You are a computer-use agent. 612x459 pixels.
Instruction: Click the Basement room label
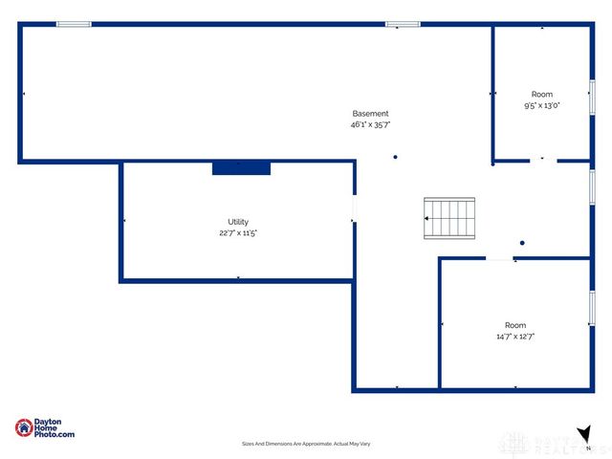pyautogui.click(x=370, y=114)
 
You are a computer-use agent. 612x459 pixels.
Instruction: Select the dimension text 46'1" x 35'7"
pyautogui.click(x=370, y=124)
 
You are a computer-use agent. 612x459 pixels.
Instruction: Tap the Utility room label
pyautogui.click(x=238, y=222)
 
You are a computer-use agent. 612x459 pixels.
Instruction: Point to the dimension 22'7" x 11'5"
pyautogui.click(x=238, y=232)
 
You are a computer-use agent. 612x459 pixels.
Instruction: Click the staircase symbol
pyautogui.click(x=449, y=218)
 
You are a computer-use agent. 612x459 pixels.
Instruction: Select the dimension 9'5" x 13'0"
pyautogui.click(x=541, y=106)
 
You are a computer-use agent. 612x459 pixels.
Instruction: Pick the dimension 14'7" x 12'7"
pyautogui.click(x=515, y=337)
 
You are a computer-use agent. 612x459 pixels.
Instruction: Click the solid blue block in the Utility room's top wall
pyautogui.click(x=241, y=168)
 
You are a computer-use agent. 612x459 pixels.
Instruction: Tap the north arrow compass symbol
pyautogui.click(x=583, y=434)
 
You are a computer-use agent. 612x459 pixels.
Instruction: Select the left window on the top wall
pyautogui.click(x=74, y=24)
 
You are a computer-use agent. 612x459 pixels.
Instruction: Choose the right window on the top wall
pyautogui.click(x=403, y=24)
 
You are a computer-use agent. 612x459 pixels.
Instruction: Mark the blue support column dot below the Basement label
pyautogui.click(x=395, y=158)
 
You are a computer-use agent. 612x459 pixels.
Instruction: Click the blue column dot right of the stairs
pyautogui.click(x=522, y=243)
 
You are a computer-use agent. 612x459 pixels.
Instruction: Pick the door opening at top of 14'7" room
pyautogui.click(x=500, y=258)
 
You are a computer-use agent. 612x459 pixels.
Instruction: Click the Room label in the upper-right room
pyautogui.click(x=542, y=95)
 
